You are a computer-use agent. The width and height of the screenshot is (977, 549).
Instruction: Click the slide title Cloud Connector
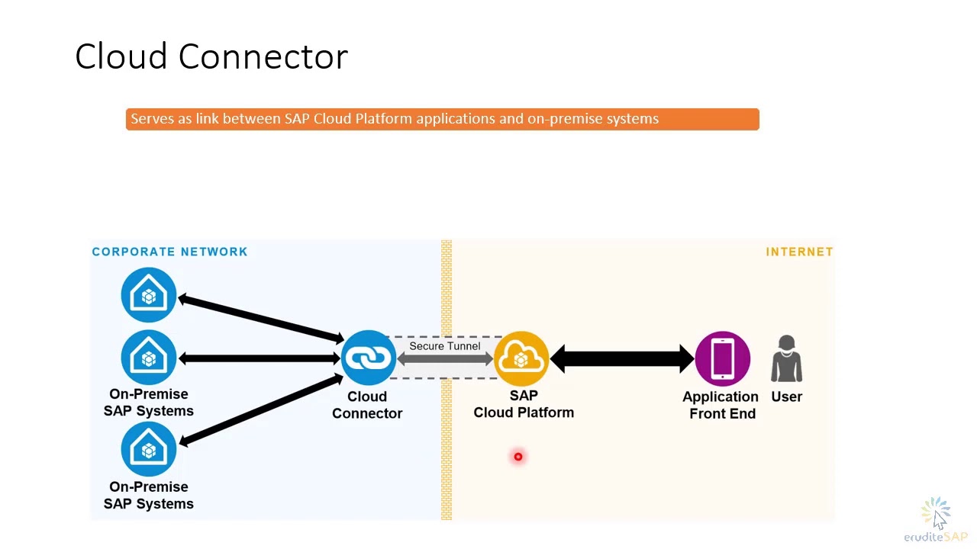[211, 57]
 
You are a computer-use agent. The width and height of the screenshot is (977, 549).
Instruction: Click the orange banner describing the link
[442, 119]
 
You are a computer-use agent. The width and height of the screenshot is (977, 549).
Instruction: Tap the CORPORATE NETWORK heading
[169, 252]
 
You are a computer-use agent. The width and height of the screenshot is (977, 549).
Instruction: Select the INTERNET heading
[799, 252]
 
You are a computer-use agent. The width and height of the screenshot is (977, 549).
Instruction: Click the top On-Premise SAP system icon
[149, 295]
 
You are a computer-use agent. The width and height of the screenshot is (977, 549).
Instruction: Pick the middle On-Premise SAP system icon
[149, 357]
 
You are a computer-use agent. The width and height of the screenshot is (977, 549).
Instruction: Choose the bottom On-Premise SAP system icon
[149, 449]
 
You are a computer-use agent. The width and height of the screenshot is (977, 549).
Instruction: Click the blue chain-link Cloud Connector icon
[368, 358]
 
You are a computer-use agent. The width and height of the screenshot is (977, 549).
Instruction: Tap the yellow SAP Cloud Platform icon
[522, 358]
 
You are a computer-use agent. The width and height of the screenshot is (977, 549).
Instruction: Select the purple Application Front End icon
[722, 358]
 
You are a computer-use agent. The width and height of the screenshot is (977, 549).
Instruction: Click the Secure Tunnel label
[445, 346]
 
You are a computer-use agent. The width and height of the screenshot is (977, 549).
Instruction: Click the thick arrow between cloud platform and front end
[622, 358]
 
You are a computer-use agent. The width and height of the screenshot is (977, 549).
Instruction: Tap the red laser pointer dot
[518, 457]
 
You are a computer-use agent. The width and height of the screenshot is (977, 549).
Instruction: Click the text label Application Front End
[721, 405]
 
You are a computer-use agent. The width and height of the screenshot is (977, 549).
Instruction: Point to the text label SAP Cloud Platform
[524, 404]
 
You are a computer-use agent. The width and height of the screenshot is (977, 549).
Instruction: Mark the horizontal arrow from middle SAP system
[260, 358]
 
